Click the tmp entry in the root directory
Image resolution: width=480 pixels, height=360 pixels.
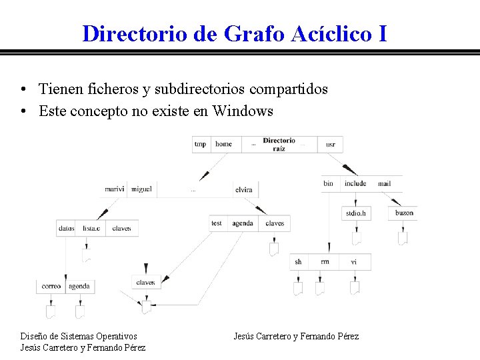[x=200, y=144]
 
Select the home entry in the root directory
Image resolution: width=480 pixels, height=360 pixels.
[x=223, y=144]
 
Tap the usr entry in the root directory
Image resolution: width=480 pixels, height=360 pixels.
[x=331, y=144]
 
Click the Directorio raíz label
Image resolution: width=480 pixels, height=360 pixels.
[x=279, y=144]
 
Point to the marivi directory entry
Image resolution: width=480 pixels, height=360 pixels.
[x=115, y=189]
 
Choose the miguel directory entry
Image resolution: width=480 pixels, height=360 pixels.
[x=141, y=189]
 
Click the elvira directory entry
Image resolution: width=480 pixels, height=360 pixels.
[x=244, y=190]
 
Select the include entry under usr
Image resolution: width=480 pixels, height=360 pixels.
[x=355, y=183]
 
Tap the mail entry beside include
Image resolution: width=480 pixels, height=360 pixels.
[x=384, y=183]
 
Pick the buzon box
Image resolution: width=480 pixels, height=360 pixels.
[x=404, y=213]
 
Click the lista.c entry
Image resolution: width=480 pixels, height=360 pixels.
[x=92, y=228]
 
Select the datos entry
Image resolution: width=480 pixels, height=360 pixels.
[x=66, y=228]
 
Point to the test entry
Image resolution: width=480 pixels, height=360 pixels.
[x=217, y=223]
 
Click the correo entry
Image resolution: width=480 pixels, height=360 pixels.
[x=51, y=286]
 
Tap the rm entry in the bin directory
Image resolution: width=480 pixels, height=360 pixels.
[x=325, y=262]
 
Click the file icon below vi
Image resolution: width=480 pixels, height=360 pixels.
[x=355, y=288]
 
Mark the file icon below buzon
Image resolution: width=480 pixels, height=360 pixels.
[x=403, y=237]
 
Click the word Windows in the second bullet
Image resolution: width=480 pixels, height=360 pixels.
[x=243, y=111]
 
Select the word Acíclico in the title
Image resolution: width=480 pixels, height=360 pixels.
[x=333, y=33]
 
